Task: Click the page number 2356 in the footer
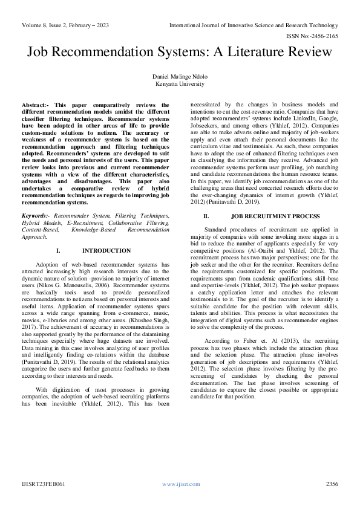coord(332,484)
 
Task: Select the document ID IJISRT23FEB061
coord(42,484)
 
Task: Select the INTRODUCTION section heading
coord(106,250)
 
